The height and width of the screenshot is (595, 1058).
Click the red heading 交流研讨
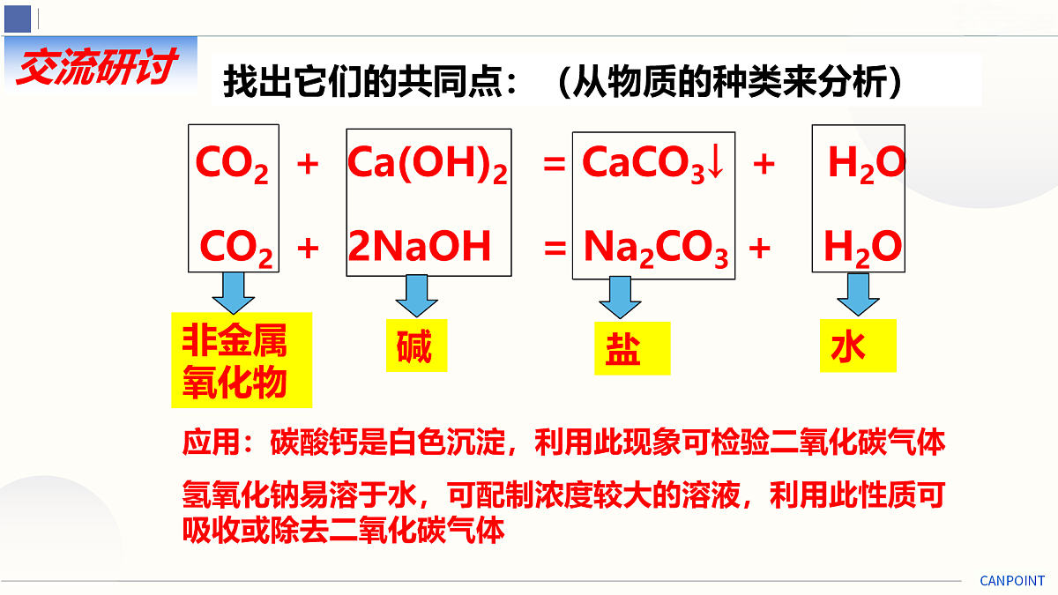pos(97,66)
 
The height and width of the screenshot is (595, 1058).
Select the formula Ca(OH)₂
pos(428,164)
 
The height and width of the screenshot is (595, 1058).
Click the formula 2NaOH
pos(420,246)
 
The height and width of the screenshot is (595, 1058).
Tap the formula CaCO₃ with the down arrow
pos(653,163)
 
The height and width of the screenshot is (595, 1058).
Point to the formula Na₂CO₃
pos(656,249)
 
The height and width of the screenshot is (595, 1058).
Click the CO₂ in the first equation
pos(232,164)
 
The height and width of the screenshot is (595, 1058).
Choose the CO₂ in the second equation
pos(236,249)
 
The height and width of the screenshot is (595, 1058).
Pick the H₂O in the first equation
pos(867,164)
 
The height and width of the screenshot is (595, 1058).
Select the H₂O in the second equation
pos(863,249)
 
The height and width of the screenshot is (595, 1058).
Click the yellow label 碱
pos(416,346)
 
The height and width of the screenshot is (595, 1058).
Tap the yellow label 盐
pos(632,348)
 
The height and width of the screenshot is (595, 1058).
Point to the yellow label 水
pos(858,346)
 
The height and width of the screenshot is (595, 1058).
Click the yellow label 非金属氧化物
pos(242,360)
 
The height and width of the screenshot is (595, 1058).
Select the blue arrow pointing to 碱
pos(416,295)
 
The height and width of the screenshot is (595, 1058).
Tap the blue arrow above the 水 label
pos(858,294)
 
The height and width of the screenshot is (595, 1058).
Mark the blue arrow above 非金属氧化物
pos(234,293)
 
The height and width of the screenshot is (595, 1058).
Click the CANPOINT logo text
pos(1012,580)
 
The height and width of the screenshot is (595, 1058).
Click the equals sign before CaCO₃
pos(554,164)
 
